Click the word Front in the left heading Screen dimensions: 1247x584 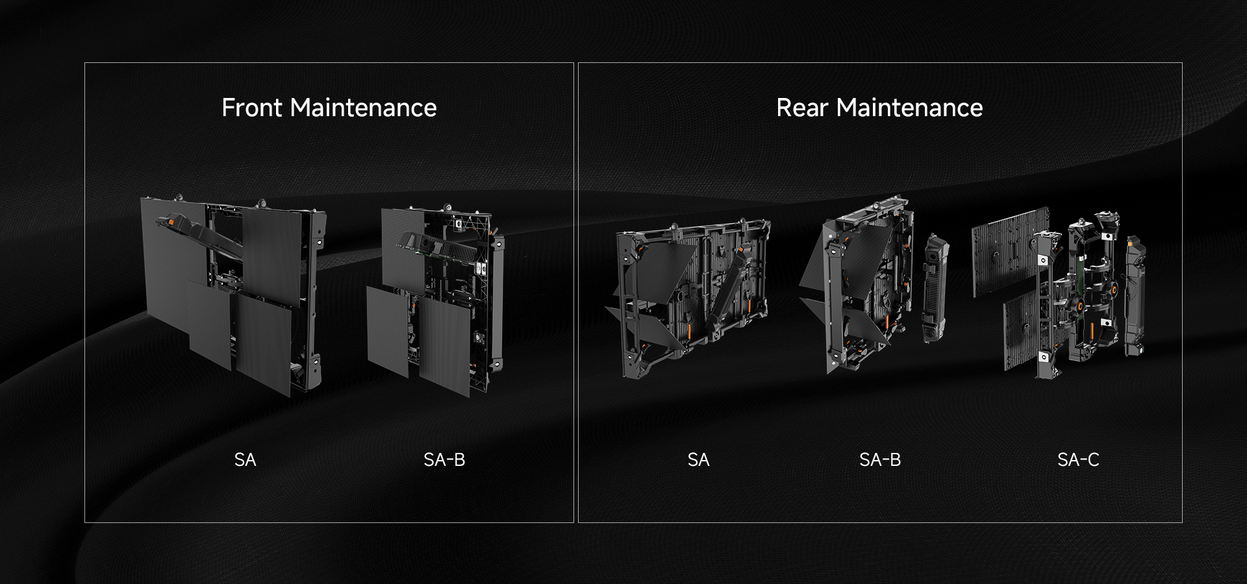(x=253, y=108)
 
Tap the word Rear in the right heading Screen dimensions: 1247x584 (x=803, y=108)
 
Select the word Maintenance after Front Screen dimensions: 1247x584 (x=364, y=108)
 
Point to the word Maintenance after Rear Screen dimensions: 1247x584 (x=910, y=108)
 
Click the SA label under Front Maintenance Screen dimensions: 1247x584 (x=245, y=460)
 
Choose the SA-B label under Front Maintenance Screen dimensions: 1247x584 (x=444, y=460)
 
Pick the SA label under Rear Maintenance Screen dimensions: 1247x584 (x=698, y=460)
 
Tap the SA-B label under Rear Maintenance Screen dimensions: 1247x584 (x=880, y=460)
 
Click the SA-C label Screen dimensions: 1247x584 (x=1078, y=460)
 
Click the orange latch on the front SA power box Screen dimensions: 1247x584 (x=171, y=222)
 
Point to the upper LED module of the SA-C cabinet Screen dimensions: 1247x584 (x=1010, y=250)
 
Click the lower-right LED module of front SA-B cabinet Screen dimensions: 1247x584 (x=445, y=346)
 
